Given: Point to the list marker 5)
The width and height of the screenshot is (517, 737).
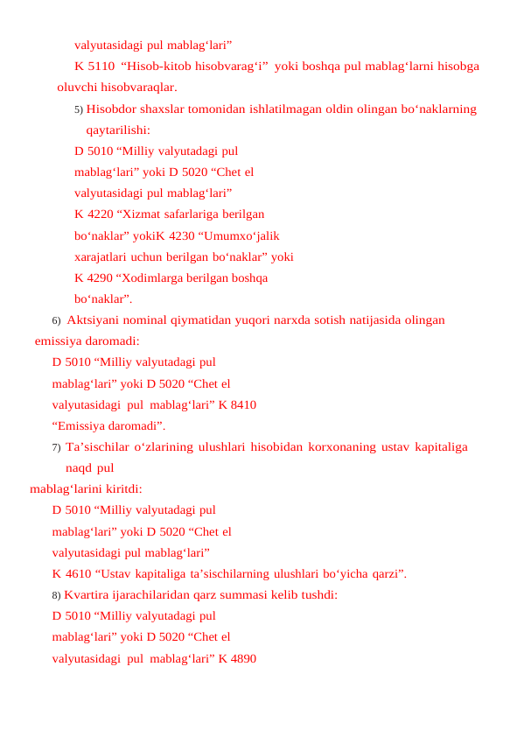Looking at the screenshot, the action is [x=79, y=109].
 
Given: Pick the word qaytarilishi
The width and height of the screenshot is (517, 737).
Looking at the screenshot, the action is [x=117, y=130].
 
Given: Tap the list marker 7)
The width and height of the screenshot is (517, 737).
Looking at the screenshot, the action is [x=56, y=447].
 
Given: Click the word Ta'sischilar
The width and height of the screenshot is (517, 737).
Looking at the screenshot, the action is [x=94, y=447].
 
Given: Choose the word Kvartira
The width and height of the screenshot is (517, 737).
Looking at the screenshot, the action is [x=89, y=595].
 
